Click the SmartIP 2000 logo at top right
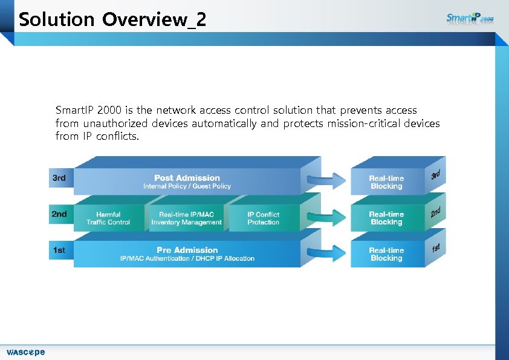tap(470, 18)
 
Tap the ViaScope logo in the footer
tap(25, 352)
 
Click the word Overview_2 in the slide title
tap(154, 20)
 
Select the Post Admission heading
tap(187, 177)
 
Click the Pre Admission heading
tap(187, 250)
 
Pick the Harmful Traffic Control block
tap(108, 218)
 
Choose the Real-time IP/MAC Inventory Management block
tap(186, 218)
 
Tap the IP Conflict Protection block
tap(263, 218)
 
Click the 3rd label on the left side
tap(59, 178)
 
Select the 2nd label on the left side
tap(59, 214)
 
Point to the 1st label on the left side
tap(59, 250)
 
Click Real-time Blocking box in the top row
tap(386, 182)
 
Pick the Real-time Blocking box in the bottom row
tap(386, 254)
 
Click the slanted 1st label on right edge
tap(435, 247)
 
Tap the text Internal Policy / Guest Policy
tap(187, 186)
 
